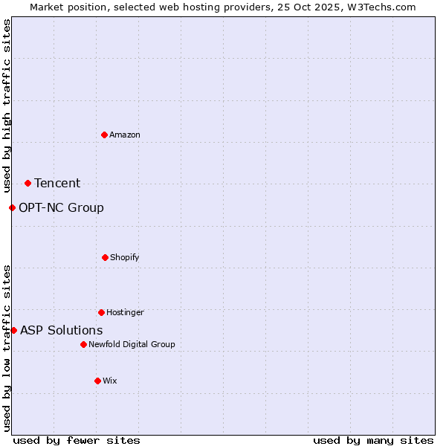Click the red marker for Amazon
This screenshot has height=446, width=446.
click(104, 135)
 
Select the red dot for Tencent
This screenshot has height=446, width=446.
click(28, 183)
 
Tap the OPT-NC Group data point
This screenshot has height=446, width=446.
click(12, 207)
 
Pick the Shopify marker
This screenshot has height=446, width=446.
click(105, 257)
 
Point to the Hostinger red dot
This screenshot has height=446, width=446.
click(101, 312)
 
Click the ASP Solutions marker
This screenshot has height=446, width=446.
click(13, 330)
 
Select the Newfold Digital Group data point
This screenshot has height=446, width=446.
click(83, 344)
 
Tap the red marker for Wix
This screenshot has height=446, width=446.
click(97, 381)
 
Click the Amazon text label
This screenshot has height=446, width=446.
click(125, 135)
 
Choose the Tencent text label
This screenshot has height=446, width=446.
click(57, 183)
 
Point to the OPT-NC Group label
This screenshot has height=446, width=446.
click(61, 207)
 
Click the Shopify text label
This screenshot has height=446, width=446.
click(125, 257)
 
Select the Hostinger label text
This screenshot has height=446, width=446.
click(125, 312)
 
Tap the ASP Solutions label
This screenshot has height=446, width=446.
click(61, 330)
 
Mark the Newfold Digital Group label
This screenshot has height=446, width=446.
click(132, 344)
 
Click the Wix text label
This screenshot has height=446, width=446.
click(110, 381)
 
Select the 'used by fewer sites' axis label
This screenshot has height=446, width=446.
click(77, 440)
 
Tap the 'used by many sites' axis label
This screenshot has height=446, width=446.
click(373, 440)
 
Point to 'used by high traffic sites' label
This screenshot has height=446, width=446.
click(7, 106)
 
